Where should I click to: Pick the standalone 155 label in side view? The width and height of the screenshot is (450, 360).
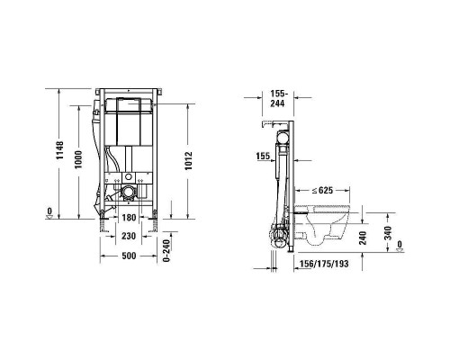click(264, 157)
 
